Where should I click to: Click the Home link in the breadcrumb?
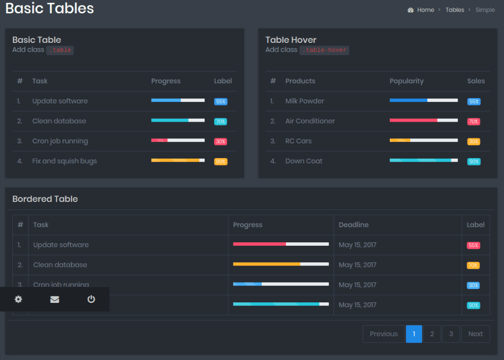pos(425,10)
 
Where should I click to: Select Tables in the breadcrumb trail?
pos(455,10)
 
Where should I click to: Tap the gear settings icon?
pos(18,299)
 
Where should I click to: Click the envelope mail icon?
pos(55,299)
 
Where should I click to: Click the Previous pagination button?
pos(383,334)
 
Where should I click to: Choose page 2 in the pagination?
pos(432,334)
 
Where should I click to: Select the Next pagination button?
pos(475,334)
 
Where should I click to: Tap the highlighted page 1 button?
pos(414,334)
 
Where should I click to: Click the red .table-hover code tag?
pos(324,50)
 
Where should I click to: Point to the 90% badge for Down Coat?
pos(473,162)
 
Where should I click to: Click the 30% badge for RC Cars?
pos(473,141)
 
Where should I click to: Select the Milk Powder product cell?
pos(305,101)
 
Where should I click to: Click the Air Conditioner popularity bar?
pos(423,120)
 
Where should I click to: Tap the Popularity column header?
pos(407,81)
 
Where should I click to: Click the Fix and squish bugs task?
pos(64,161)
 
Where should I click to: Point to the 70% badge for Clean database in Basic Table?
pos(220,122)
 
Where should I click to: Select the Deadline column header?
pos(353,225)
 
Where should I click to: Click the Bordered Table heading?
pos(45,199)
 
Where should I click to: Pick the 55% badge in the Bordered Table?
pos(473,245)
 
